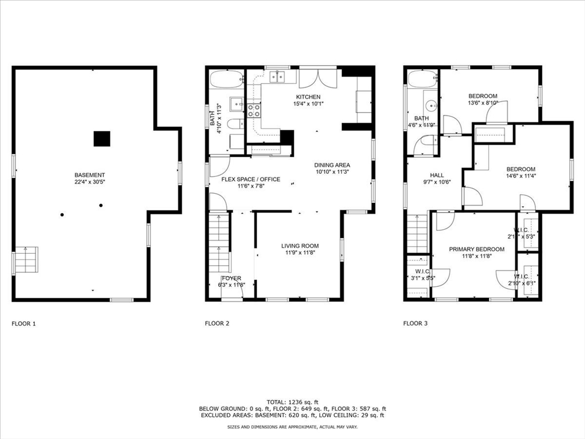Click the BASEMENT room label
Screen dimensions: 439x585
pos(90,175)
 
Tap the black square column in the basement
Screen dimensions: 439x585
pos(102,138)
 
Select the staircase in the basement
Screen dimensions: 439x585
pos(26,260)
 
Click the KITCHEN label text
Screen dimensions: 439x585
pos(308,97)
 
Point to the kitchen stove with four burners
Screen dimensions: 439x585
pos(253,110)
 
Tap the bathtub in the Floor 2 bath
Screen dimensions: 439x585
pos(226,79)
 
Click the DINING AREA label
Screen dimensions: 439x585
pos(332,165)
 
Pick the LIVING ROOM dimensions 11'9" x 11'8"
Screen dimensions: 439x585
pos(299,253)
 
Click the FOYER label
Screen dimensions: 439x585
pos(231,278)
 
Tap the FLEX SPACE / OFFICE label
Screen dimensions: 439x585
pos(251,179)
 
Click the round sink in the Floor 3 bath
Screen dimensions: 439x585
pos(431,105)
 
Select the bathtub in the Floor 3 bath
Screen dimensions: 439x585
pos(422,79)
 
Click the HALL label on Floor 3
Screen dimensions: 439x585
pos(437,175)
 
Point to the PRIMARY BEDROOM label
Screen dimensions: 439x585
pos(476,249)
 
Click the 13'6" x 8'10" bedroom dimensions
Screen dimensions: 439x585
pos(483,103)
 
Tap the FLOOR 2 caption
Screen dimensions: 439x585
pos(217,324)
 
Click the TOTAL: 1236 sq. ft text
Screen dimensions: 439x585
pos(292,401)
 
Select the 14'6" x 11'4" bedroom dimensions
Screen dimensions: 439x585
pos(520,176)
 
